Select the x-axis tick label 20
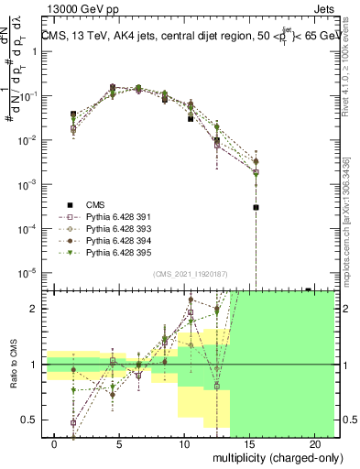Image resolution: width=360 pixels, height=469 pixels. pyautogui.click(x=313, y=443)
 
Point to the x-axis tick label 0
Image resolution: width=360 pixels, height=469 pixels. pyautogui.click(x=55, y=443)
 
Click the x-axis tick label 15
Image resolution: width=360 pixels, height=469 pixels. pyautogui.click(x=249, y=443)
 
